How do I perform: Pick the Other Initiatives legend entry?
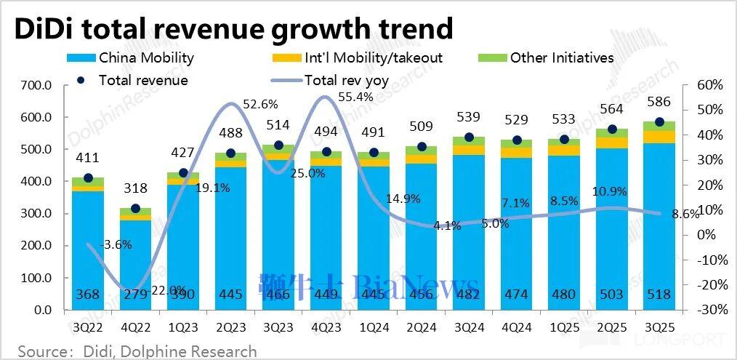pyautogui.click(x=552, y=57)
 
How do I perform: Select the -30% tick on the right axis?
pyautogui.click(x=709, y=310)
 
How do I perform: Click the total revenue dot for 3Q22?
pyautogui.click(x=88, y=177)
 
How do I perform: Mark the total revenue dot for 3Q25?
pyautogui.click(x=659, y=122)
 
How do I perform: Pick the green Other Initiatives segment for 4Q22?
pyautogui.click(x=135, y=212)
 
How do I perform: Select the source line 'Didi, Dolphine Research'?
pyautogui.click(x=138, y=351)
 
